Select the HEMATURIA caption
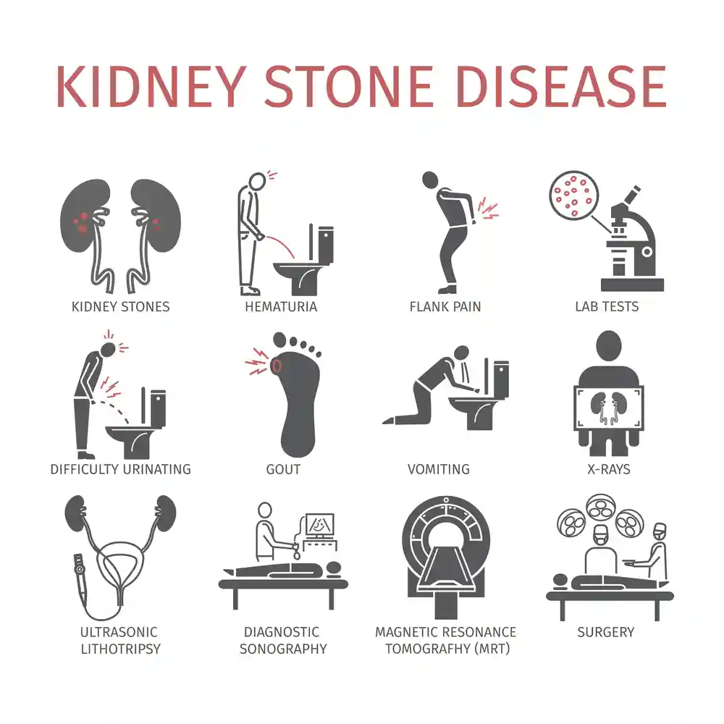[x=281, y=306]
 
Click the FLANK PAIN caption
[x=445, y=306]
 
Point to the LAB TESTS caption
[x=607, y=306]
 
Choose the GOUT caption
[x=283, y=470]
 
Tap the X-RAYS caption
[x=609, y=470]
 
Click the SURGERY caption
[x=606, y=632]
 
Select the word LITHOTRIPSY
[x=120, y=649]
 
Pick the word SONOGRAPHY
[x=283, y=649]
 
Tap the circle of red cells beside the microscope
[x=574, y=195]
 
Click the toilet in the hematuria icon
[x=305, y=261]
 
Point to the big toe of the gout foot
[x=279, y=340]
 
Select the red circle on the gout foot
[x=276, y=366]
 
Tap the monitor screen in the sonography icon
[x=319, y=525]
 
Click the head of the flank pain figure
[x=430, y=180]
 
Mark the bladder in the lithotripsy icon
[x=119, y=567]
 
